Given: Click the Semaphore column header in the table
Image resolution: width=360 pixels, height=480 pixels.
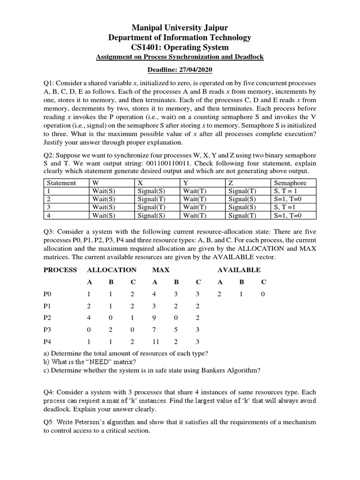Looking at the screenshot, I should [290, 183].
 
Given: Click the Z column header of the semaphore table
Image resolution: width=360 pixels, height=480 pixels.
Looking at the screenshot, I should [232, 183].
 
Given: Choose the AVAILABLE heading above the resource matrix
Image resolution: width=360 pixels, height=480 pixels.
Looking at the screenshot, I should [239, 270].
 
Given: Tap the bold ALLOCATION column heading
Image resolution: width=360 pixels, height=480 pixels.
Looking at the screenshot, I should [112, 270].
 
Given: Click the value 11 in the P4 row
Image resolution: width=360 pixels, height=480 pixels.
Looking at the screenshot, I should [155, 341].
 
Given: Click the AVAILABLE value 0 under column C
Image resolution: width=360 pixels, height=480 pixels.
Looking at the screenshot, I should [263, 294].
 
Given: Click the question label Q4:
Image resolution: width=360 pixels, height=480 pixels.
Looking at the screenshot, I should [50, 392].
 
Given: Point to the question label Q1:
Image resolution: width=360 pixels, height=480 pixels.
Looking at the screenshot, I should [50, 83].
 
